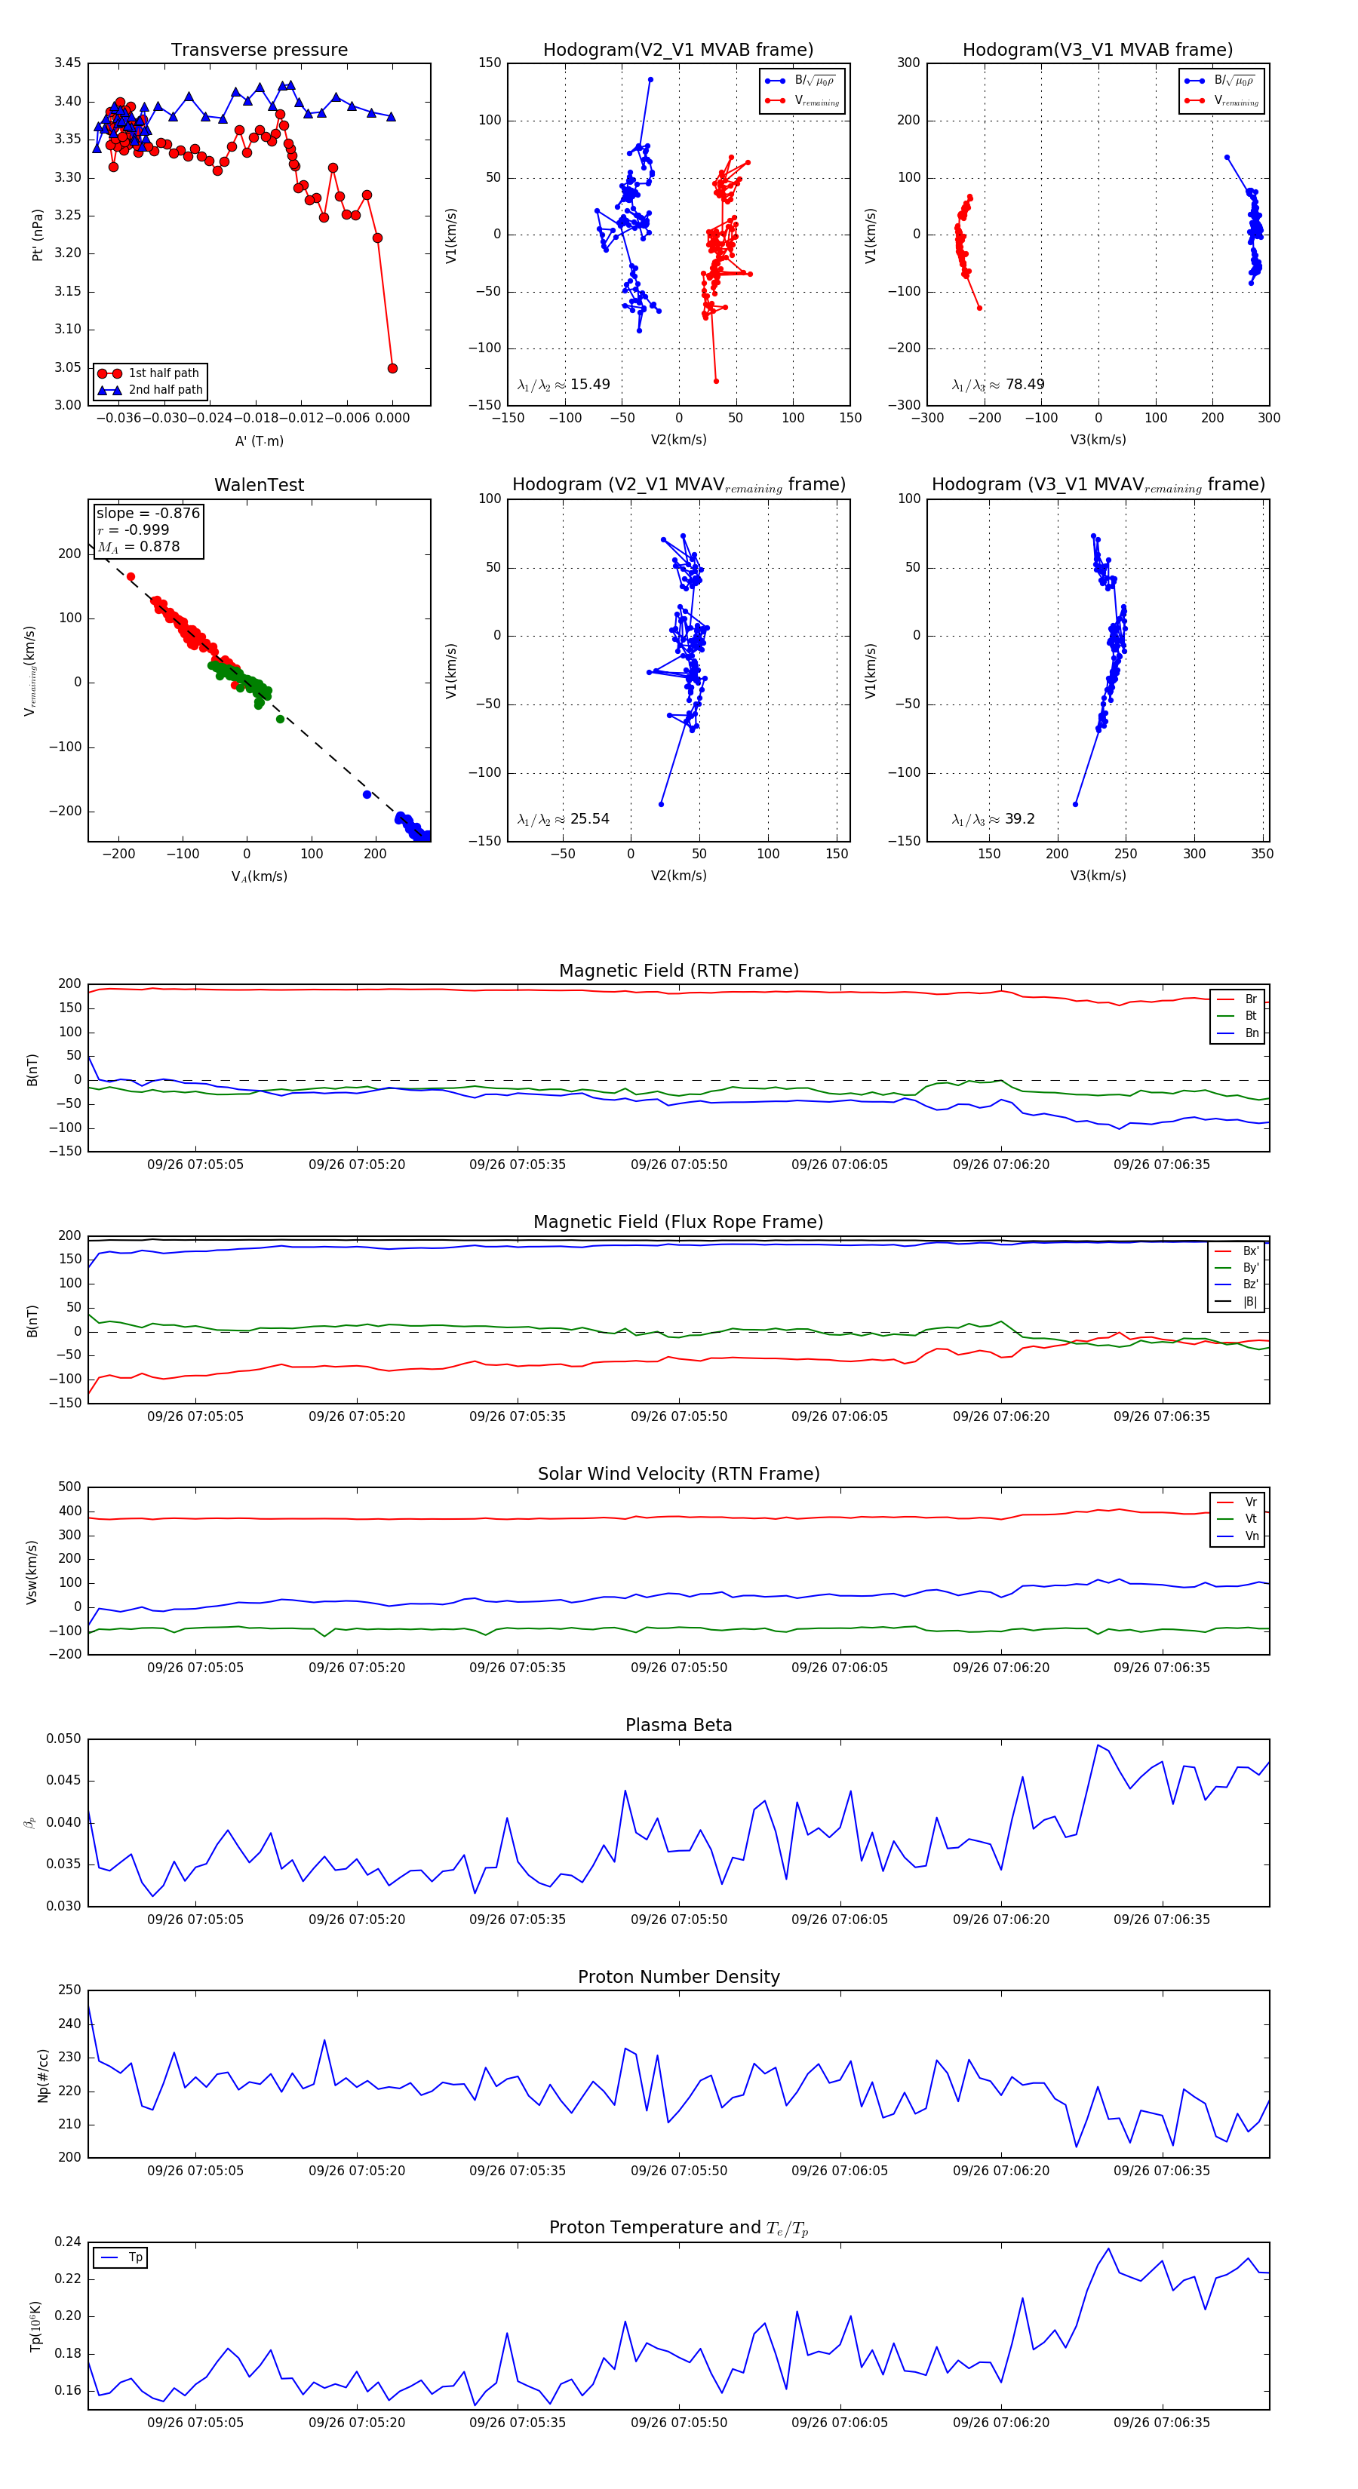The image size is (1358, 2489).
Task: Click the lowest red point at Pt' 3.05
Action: pyautogui.click(x=392, y=368)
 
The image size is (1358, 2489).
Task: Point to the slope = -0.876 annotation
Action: pyautogui.click(x=148, y=513)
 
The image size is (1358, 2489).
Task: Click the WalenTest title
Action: pyautogui.click(x=259, y=485)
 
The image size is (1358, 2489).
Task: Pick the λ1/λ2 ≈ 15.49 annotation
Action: pyautogui.click(x=564, y=385)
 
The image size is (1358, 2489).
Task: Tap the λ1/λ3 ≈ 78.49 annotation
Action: pyautogui.click(x=997, y=385)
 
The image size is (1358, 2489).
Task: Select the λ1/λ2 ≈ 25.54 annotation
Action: pyautogui.click(x=564, y=819)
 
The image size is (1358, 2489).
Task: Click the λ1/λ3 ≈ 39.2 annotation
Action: pyautogui.click(x=993, y=819)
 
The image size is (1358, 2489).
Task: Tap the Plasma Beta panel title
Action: pyautogui.click(x=678, y=1725)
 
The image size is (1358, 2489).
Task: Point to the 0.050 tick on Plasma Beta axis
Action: pyautogui.click(x=64, y=1739)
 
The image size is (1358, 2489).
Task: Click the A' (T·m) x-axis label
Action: pyautogui.click(x=259, y=440)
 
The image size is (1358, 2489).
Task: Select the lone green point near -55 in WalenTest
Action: pyautogui.click(x=281, y=719)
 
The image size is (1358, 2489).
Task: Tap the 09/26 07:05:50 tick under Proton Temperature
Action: pyautogui.click(x=678, y=2423)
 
